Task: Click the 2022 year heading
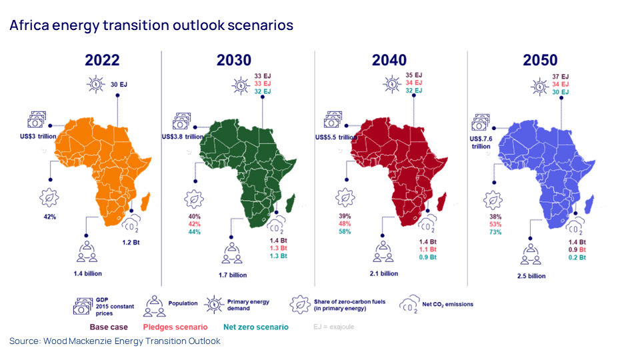click(x=102, y=60)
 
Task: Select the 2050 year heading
click(x=540, y=60)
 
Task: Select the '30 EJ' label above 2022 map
click(x=119, y=85)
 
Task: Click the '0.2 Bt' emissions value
click(x=577, y=257)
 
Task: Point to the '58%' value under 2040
click(x=345, y=231)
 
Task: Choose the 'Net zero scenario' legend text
click(x=257, y=327)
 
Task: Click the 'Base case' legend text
click(x=109, y=327)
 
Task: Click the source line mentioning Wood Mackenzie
click(x=115, y=341)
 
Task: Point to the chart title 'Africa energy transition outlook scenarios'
click(x=151, y=25)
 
